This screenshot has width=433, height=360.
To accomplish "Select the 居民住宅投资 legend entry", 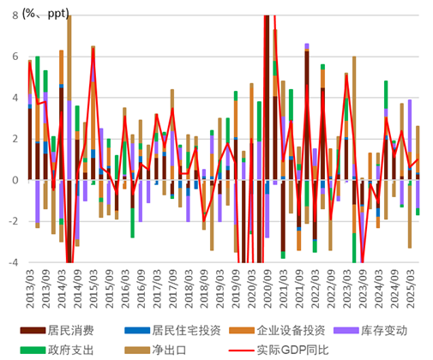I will pyautogui.click(x=187, y=330).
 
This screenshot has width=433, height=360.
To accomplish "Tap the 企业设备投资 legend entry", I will pyautogui.click(x=296, y=330).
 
